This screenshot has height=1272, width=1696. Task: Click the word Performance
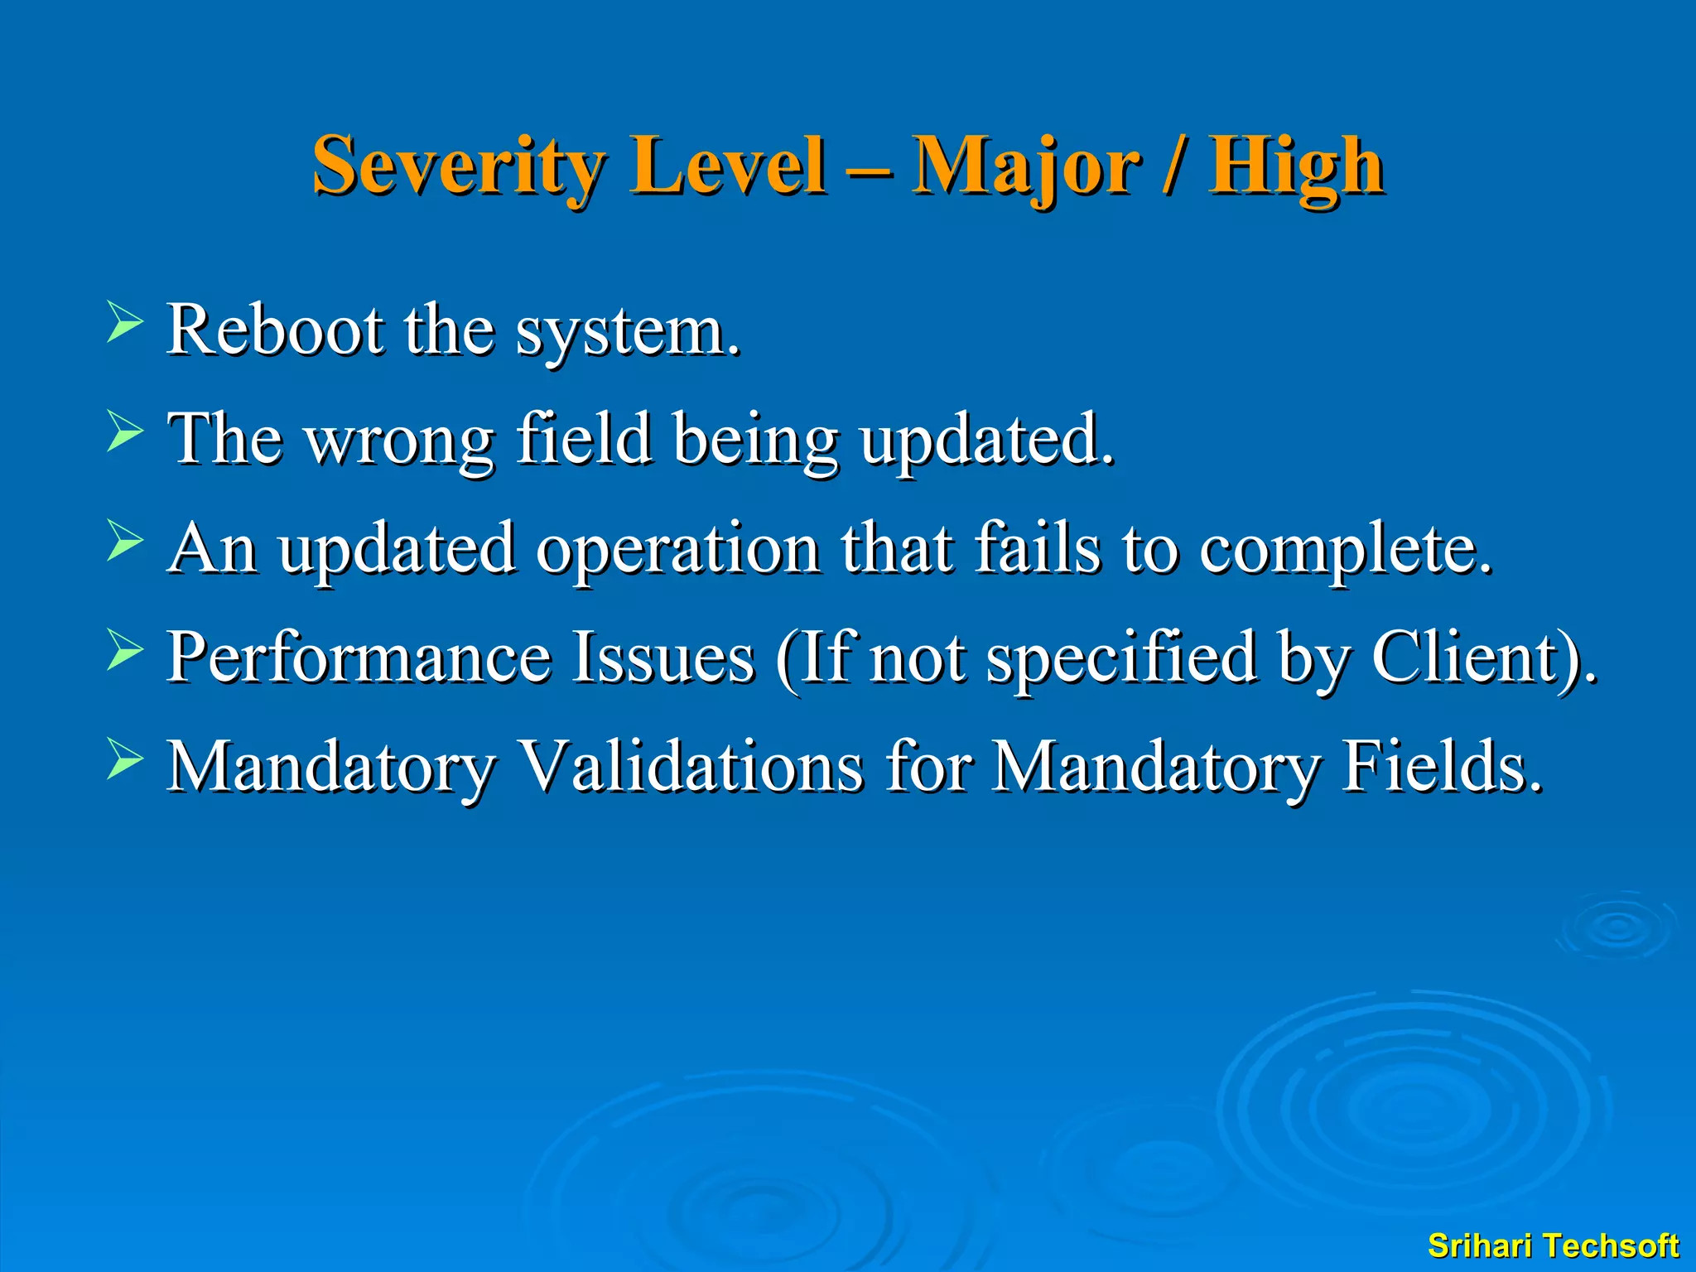(x=359, y=658)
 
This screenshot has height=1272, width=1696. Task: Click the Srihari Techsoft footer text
(x=1553, y=1245)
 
